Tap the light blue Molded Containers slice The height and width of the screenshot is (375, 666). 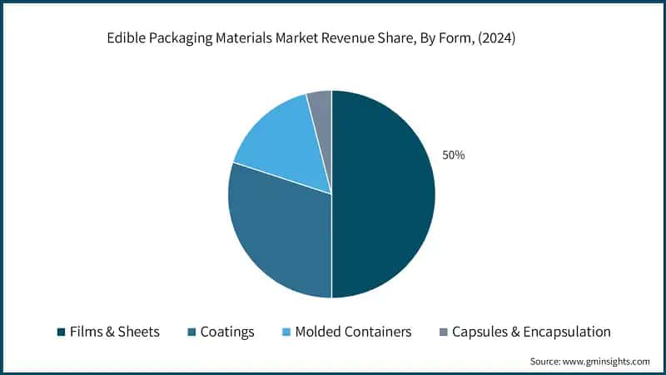tap(283, 142)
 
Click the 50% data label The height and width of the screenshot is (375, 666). tap(453, 155)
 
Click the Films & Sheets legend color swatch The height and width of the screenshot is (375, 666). tap(61, 332)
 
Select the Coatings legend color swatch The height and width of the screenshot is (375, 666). tap(193, 332)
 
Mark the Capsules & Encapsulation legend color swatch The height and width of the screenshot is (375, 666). tap(443, 332)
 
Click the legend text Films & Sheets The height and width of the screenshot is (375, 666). tap(115, 332)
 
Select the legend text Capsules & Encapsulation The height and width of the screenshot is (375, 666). tap(531, 332)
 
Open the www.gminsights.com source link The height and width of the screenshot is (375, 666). tap(606, 361)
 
